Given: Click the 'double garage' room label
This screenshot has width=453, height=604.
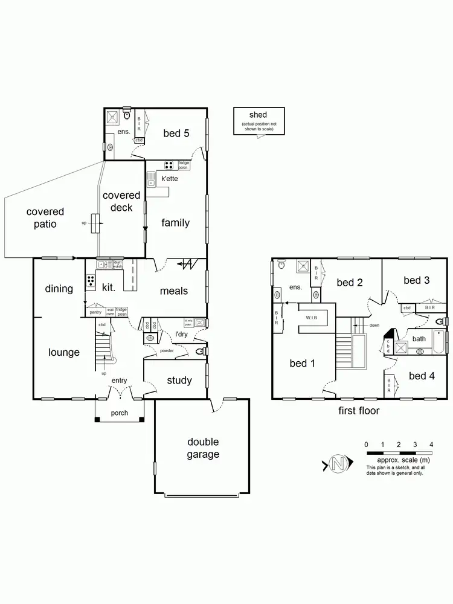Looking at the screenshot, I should pyautogui.click(x=202, y=448).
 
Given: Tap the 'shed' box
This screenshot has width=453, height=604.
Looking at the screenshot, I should pyautogui.click(x=258, y=121).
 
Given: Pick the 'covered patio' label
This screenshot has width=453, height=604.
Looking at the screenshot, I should pyautogui.click(x=45, y=218).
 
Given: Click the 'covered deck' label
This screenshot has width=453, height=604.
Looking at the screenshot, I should pyautogui.click(x=121, y=202).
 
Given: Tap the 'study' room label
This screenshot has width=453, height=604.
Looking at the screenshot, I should pyautogui.click(x=179, y=381).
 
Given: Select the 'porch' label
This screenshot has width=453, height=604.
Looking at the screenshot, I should pyautogui.click(x=120, y=414).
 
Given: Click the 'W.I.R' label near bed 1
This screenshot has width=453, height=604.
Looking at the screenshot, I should pyautogui.click(x=312, y=316).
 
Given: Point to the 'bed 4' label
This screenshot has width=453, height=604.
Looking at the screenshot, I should pyautogui.click(x=422, y=376).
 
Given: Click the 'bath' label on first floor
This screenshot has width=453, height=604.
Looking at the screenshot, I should pyautogui.click(x=419, y=339).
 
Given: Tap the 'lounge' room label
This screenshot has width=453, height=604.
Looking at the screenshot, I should pyautogui.click(x=63, y=352).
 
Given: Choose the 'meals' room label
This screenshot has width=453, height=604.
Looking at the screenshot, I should pyautogui.click(x=173, y=291).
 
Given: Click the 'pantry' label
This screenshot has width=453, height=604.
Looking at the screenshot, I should pyautogui.click(x=95, y=312).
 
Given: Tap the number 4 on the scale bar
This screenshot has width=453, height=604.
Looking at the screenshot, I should pyautogui.click(x=431, y=445).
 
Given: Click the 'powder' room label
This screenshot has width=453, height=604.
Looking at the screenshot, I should pyautogui.click(x=167, y=351).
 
